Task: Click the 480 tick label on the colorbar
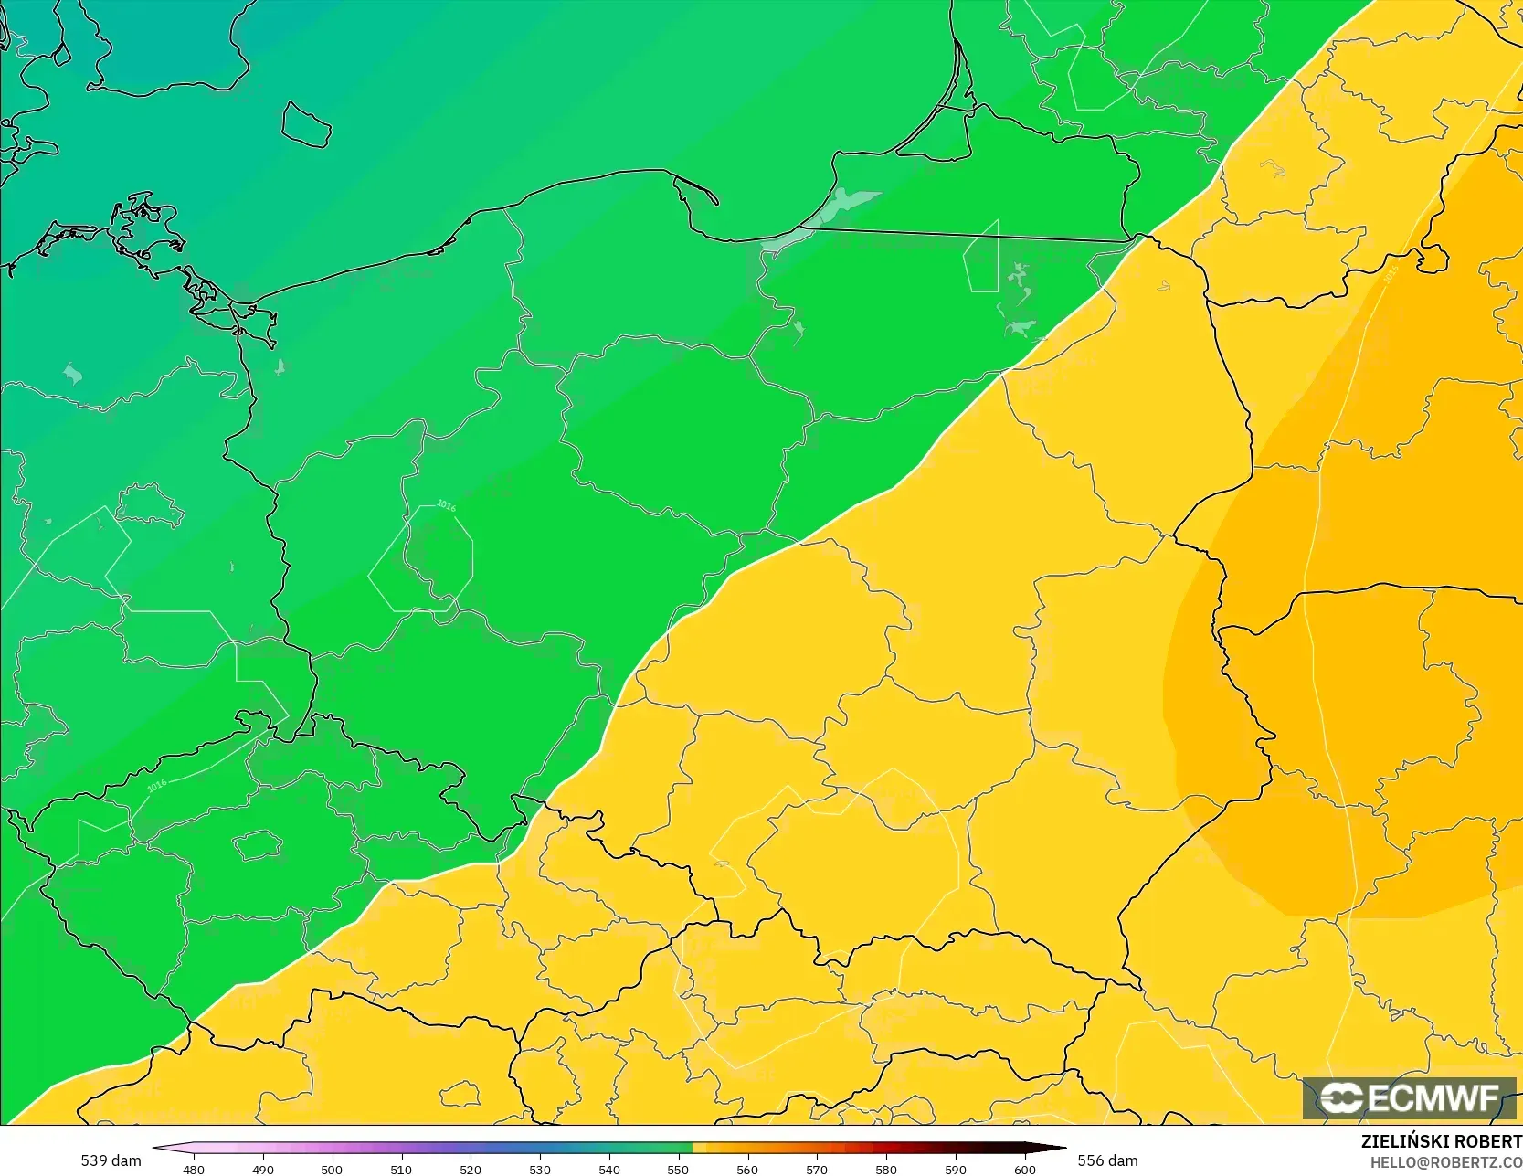click(x=194, y=1169)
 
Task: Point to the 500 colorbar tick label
click(x=332, y=1169)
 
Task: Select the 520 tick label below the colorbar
click(x=471, y=1169)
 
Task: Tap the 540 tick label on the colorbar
click(x=609, y=1169)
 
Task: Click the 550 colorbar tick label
click(x=678, y=1169)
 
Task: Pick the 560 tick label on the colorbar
click(x=747, y=1169)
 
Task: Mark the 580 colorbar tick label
click(x=886, y=1169)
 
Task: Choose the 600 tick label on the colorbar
click(x=1025, y=1169)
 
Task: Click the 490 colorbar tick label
click(x=263, y=1169)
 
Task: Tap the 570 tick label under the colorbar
click(x=817, y=1169)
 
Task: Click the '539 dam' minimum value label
click(x=111, y=1160)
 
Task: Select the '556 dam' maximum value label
click(x=1107, y=1160)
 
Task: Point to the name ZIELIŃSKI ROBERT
click(x=1441, y=1141)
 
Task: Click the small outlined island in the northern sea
click(x=305, y=123)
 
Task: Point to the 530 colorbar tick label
click(x=540, y=1169)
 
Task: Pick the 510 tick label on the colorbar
click(x=401, y=1169)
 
